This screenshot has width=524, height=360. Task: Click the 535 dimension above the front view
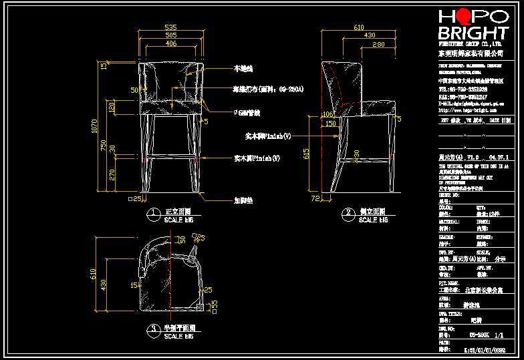pos(171,28)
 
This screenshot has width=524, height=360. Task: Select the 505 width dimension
pos(171,35)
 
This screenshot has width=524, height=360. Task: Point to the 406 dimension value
pos(171,43)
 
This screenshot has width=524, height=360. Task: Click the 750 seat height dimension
pos(103,146)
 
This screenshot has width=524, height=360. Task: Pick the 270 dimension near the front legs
pos(112,175)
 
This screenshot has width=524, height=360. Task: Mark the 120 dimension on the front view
pos(112,106)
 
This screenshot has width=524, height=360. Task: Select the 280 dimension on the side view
pos(378,44)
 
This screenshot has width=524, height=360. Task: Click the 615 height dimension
pos(307,153)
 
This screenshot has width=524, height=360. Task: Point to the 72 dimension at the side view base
pos(316,198)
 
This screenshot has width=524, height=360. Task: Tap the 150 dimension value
pos(330,124)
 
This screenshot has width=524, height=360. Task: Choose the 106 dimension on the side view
pos(327,114)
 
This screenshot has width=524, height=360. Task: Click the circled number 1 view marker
pos(153,214)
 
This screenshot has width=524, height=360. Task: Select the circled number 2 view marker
pos(348,214)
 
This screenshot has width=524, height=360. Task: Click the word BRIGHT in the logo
pos(473,33)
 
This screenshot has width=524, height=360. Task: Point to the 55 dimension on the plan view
pos(215,304)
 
